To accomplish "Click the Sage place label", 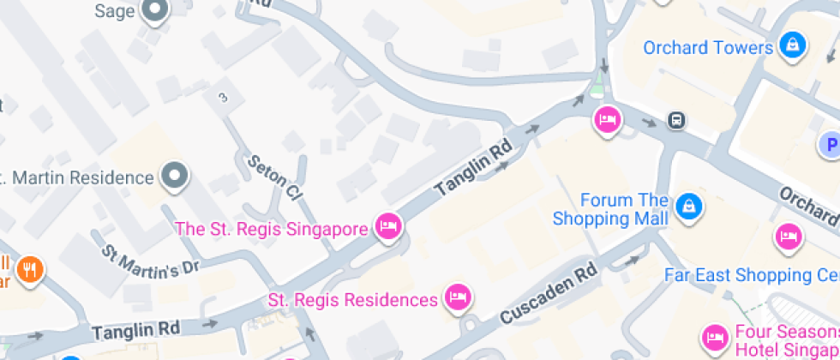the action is [x=115, y=11].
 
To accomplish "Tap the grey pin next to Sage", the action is [x=155, y=10].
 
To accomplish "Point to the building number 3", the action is [x=223, y=98].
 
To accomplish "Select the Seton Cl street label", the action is [x=274, y=177].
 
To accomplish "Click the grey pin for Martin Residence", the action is [x=176, y=177].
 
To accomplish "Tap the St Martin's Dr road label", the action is [x=151, y=261].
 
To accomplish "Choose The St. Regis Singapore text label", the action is [x=273, y=229].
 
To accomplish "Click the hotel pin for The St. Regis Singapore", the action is [x=388, y=227].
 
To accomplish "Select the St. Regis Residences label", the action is [x=352, y=300].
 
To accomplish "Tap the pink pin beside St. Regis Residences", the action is [x=458, y=297].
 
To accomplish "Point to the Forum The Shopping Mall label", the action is [x=610, y=209].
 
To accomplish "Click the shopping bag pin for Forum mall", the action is [x=688, y=205].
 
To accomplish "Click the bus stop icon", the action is [x=676, y=120].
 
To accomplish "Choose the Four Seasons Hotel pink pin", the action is [x=713, y=337].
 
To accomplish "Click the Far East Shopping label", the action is [x=751, y=275].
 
